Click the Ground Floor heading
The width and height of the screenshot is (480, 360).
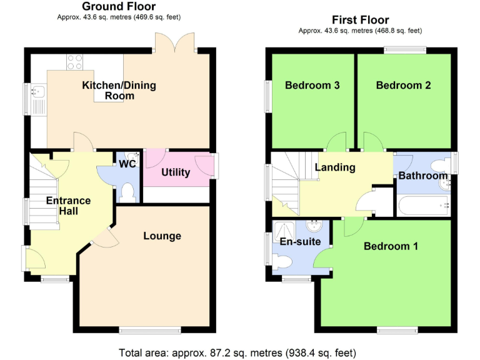click(x=119, y=7)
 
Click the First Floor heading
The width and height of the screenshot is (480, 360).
click(x=360, y=20)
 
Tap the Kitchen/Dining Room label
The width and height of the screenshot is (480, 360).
click(x=119, y=91)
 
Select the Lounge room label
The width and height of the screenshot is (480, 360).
click(x=162, y=236)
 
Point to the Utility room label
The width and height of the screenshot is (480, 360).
click(x=176, y=172)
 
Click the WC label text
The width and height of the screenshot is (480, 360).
click(x=127, y=165)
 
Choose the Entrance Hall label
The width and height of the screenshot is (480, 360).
click(x=68, y=206)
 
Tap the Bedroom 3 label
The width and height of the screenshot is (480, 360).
click(x=312, y=85)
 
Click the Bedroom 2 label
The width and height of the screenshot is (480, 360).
click(x=403, y=85)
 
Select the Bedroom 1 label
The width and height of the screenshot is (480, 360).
click(x=391, y=246)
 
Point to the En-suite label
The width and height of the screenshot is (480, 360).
click(x=300, y=241)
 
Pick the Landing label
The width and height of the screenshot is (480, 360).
click(x=335, y=167)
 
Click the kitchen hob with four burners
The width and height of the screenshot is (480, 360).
click(x=76, y=62)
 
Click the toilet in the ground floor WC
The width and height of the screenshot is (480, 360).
click(x=129, y=191)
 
